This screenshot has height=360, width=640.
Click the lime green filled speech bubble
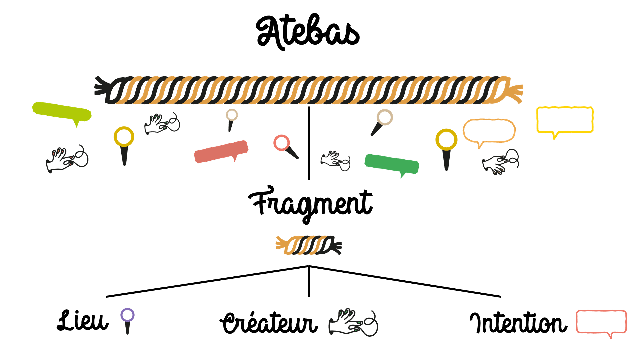(62, 111)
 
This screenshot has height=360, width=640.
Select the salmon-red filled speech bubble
(221, 152)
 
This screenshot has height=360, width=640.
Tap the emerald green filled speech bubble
(392, 164)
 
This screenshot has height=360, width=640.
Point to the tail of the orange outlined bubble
(479, 146)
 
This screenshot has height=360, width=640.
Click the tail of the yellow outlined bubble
(554, 136)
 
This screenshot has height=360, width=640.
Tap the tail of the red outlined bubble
(610, 336)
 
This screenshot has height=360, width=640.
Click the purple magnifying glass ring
(127, 315)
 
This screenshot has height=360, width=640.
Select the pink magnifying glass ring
(281, 143)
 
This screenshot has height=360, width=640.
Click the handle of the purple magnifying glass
(127, 328)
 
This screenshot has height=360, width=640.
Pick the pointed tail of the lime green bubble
(77, 125)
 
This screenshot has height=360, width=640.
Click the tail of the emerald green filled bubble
(402, 176)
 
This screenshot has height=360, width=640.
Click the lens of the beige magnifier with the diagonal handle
(385, 117)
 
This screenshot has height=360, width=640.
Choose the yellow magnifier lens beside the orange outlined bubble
(446, 139)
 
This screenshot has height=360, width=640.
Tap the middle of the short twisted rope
(308, 245)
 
